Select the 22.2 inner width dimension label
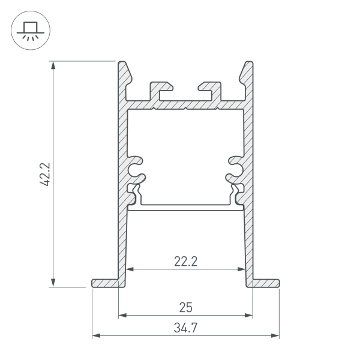point(186,261)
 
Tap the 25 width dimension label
point(185,307)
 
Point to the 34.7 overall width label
point(185,328)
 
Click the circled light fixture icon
point(28,30)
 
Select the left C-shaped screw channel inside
point(137,169)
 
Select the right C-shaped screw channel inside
point(233,169)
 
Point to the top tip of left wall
point(123,63)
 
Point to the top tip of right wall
point(247,63)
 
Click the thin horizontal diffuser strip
point(185,208)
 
